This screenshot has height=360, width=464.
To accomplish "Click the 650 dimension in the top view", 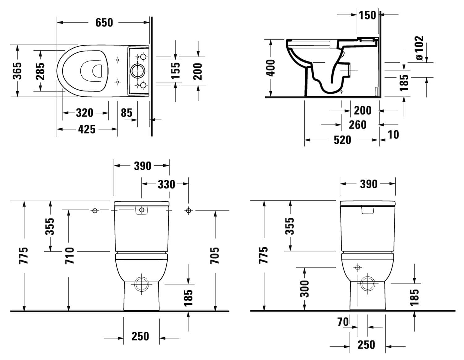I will point(104,23).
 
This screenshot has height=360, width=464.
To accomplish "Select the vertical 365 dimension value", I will point(18,71).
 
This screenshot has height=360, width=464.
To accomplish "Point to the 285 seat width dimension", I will point(40,71).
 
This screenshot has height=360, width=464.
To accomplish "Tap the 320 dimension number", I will point(84,113).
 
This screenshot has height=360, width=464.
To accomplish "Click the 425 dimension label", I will point(87,129).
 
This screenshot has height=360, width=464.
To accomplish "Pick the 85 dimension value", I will point(127,113).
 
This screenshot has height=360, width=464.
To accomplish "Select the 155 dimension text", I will point(175,70).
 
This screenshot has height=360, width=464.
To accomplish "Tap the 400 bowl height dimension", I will point(271,68).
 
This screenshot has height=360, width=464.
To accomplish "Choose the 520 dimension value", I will point(342,140).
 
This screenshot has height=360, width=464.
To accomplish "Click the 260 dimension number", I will point(357,125).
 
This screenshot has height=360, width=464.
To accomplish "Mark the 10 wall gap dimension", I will point(393,135).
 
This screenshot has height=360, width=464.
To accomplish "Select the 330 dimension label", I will point(166,184).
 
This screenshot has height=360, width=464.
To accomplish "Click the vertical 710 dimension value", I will point(70,255).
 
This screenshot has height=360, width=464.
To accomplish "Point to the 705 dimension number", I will point(215,255).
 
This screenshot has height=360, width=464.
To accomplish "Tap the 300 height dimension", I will point(305,289).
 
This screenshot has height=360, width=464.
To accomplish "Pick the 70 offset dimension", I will point(343,322).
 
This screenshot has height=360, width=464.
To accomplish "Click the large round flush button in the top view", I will point(136,71).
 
